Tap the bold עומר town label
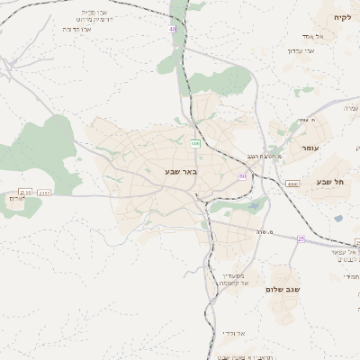click(310, 147)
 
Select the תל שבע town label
click(330, 182)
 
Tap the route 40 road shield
click(172, 30)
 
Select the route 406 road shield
click(195, 143)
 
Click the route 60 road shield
click(242, 175)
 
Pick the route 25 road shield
click(301, 238)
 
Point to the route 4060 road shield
click(292, 184)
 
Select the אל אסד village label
click(325, 35)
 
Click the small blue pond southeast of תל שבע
click(337, 218)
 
